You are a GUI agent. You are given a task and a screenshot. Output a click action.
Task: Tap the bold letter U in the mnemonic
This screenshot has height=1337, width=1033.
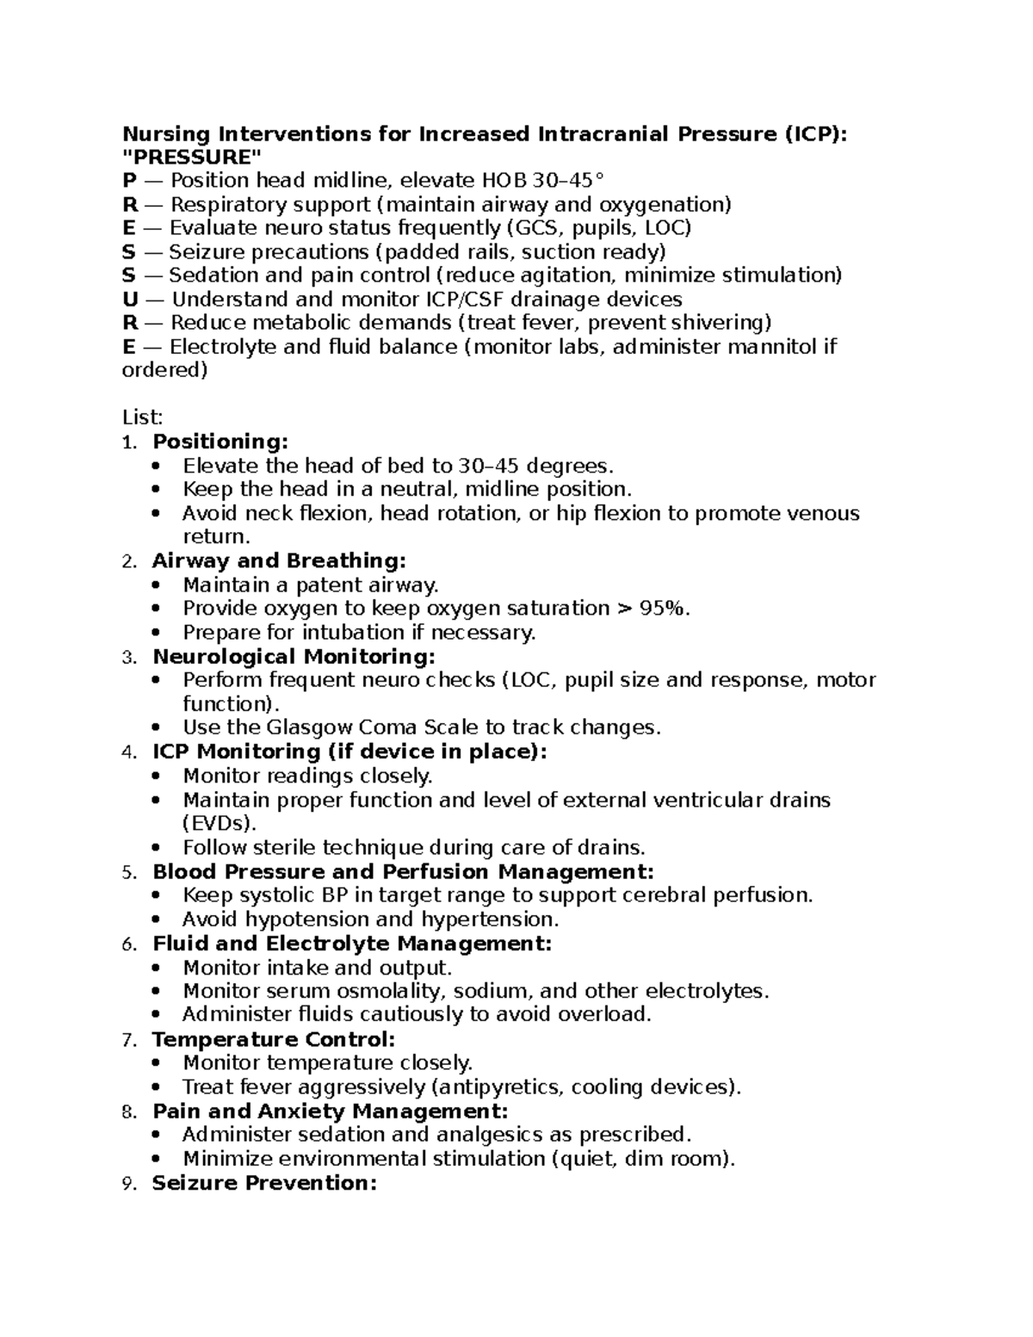(130, 300)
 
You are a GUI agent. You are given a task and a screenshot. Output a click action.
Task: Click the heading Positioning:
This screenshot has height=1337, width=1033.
(220, 442)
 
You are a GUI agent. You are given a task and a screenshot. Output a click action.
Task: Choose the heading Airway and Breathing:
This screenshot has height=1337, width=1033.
(278, 561)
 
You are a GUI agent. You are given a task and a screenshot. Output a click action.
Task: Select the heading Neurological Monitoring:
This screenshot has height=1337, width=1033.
(294, 657)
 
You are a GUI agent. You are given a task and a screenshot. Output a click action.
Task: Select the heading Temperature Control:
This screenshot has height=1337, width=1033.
(273, 1040)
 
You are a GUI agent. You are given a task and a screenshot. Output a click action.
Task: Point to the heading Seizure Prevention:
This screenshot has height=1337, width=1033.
(264, 1183)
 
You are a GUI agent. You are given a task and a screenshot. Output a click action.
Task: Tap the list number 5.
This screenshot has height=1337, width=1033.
(128, 873)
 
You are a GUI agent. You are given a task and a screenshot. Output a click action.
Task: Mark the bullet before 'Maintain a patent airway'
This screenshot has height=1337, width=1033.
(155, 585)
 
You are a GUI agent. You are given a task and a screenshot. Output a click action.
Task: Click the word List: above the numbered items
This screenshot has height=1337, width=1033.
(142, 418)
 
